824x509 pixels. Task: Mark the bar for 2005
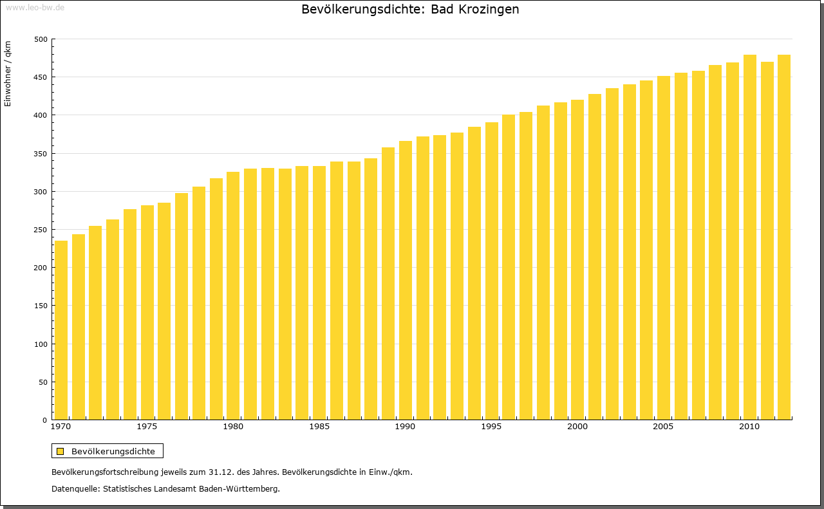point(664,248)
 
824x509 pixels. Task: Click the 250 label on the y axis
point(41,230)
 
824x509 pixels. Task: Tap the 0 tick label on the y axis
point(44,420)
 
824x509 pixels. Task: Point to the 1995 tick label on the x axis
point(491,427)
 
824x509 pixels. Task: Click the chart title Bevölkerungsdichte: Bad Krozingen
point(410,10)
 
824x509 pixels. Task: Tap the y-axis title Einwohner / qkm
point(8,73)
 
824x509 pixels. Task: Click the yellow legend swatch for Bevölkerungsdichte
point(60,451)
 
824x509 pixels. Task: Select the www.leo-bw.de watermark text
point(35,8)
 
